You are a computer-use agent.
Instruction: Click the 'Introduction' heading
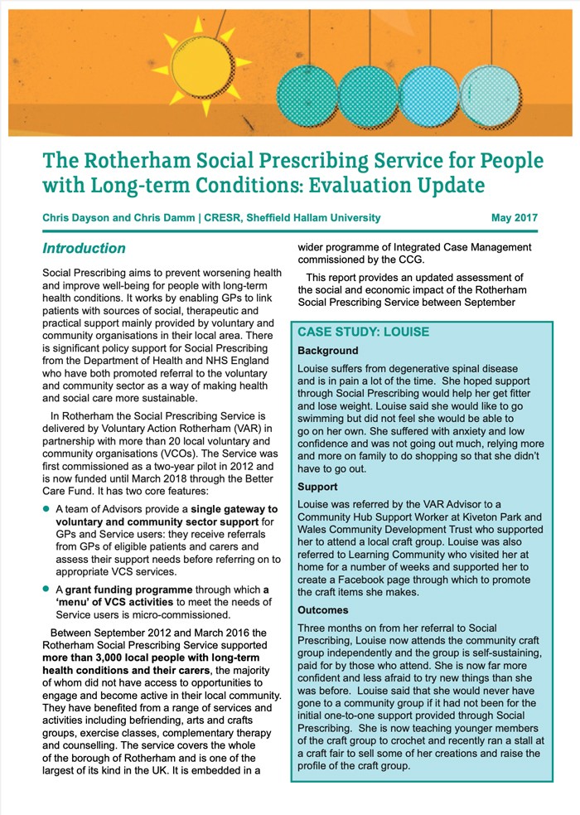click(x=84, y=249)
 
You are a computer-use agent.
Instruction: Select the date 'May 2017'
click(x=514, y=218)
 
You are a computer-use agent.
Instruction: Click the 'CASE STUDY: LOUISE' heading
click(x=364, y=332)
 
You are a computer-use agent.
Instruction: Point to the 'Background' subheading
click(x=328, y=351)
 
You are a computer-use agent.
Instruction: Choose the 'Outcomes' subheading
click(x=323, y=610)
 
